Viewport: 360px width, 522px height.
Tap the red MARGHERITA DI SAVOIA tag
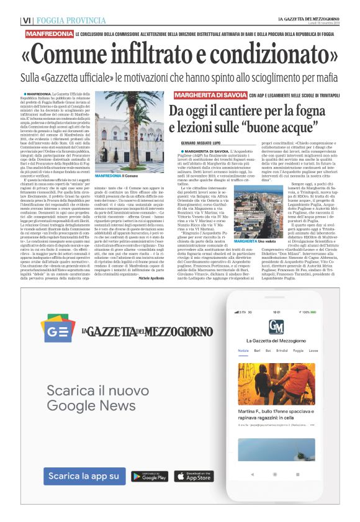pyautogui.click(x=210, y=95)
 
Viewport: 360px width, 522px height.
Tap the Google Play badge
pyautogui.click(x=150, y=476)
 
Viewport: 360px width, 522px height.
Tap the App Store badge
pyautogui.click(x=191, y=476)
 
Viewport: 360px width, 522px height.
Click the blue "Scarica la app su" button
pyautogui.click(x=83, y=476)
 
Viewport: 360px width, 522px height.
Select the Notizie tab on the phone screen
pyautogui.click(x=243, y=351)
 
